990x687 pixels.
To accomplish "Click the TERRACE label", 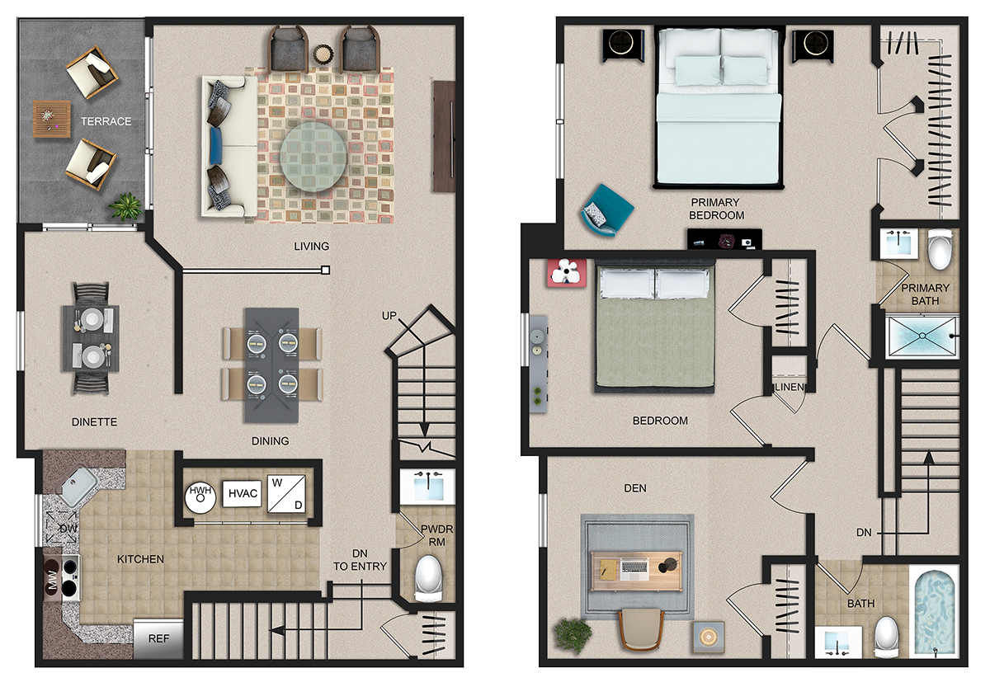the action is point(106,121).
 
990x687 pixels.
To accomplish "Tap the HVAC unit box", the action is point(243,493).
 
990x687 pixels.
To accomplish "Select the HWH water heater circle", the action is point(200,497).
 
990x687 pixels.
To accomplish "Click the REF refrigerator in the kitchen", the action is point(158,638).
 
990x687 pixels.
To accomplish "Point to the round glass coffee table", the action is point(313,157).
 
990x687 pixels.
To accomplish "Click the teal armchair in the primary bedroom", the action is point(606,210).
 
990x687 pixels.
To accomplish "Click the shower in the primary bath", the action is point(922,336).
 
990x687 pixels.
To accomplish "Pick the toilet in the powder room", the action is point(429,578).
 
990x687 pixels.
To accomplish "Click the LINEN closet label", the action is point(790,387).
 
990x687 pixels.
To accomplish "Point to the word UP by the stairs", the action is point(389,316).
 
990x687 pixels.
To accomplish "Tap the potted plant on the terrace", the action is point(127,206).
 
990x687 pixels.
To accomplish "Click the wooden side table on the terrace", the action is point(52,119).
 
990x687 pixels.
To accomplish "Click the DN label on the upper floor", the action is point(864,533).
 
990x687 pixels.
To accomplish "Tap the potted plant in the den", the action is point(573,636).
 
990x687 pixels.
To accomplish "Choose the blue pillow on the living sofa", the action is point(216,145).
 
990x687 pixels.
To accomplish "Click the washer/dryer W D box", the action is point(286,494).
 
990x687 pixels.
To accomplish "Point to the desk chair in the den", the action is point(640,629).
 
